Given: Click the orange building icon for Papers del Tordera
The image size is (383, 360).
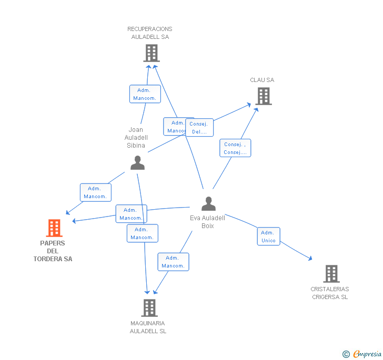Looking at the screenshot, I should (54, 228).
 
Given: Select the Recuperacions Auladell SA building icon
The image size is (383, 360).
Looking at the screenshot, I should (151, 53).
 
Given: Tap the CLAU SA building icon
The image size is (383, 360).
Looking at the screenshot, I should (264, 96).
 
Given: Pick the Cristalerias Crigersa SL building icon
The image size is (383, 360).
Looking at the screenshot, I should (331, 274).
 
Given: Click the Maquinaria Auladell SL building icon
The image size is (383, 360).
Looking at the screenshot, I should (149, 308).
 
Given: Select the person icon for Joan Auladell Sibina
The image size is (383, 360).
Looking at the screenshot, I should (137, 163).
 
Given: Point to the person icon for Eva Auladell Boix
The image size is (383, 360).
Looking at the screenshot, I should (209, 203).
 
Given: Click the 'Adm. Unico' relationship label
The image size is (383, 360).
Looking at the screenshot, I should (268, 236).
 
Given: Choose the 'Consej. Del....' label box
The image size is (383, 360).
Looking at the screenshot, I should (199, 128).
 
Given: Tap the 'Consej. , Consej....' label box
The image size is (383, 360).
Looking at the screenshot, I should (235, 148).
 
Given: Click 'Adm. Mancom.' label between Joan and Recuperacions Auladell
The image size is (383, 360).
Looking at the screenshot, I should (145, 94).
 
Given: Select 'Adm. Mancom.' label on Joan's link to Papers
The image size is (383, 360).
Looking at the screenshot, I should (95, 192).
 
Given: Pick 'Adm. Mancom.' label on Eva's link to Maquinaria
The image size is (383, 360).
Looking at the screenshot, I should (173, 262).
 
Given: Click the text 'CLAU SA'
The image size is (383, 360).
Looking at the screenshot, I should (262, 80).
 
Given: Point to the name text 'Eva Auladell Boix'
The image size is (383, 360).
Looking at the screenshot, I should (207, 222).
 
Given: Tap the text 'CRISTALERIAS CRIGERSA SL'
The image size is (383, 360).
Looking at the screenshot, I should (330, 293).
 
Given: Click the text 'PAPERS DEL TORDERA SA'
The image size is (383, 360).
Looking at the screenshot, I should (53, 251).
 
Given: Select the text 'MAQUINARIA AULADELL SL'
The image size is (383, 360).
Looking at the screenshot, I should (148, 327).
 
